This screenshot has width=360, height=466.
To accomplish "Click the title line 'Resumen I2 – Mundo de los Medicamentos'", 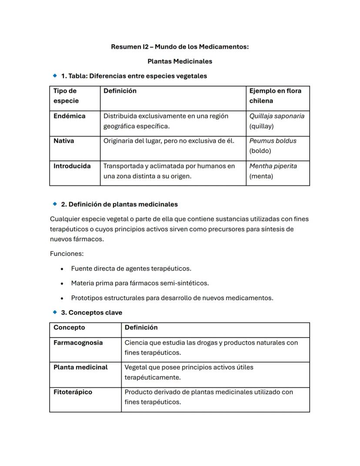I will point(180,47).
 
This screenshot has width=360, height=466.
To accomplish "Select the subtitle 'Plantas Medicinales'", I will point(180,61).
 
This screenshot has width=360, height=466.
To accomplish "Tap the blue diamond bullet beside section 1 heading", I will point(55,76).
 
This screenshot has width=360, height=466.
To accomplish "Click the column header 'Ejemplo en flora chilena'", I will point(275,96).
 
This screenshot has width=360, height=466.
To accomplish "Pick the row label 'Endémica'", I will point(70,116).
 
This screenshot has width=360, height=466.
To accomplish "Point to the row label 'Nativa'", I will point(64,141).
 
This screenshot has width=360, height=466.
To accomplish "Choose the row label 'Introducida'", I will point(72,166).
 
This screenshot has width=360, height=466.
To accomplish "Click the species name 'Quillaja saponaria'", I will point(277,116).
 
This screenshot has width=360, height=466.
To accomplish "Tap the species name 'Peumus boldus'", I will point(273,141).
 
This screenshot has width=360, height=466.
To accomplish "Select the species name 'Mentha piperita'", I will point(273,166).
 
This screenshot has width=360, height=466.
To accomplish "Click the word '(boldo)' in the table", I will point(260,151).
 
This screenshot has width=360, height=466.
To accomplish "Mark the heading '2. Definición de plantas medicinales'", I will point(119,204).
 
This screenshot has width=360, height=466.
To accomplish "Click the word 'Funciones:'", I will point(67,254).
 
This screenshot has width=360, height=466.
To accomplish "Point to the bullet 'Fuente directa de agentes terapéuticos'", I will point(131,268).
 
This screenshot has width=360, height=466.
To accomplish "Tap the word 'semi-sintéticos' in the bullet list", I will point(184,283).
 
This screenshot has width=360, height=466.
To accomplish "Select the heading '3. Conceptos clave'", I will point(91,312).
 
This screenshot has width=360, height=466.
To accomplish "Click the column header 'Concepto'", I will point(69,328).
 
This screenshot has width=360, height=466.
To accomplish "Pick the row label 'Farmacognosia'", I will point(78,343).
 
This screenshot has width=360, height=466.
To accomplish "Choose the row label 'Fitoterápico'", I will point(73,392).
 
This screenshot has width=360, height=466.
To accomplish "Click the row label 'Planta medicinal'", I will point(80,367).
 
